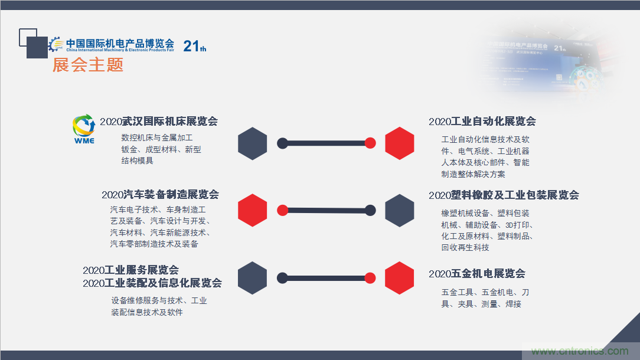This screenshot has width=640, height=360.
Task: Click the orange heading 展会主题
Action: point(88,65)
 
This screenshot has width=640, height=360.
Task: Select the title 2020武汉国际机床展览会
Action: point(159,122)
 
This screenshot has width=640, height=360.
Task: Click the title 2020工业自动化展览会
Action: point(482,122)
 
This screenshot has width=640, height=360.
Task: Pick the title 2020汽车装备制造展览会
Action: point(160,195)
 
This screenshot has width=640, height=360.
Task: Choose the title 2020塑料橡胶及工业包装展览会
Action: point(504,195)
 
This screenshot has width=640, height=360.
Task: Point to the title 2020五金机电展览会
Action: point(477,273)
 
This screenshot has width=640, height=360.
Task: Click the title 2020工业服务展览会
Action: point(130,270)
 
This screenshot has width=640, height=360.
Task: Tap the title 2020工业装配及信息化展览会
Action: point(152,283)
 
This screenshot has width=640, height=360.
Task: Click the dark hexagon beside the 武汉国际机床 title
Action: point(253,143)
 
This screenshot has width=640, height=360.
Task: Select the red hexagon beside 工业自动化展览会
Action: point(400,143)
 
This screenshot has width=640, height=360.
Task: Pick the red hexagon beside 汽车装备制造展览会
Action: point(253,210)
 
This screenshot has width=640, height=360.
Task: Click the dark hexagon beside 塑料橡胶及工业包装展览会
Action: point(400,210)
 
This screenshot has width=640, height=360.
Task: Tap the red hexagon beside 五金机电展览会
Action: point(400,278)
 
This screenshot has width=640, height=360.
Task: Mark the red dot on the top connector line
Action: point(370,143)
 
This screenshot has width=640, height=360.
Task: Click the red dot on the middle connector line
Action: point(282,210)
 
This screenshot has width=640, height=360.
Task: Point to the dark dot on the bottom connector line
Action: point(282,278)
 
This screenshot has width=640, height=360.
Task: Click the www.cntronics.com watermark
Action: point(576,351)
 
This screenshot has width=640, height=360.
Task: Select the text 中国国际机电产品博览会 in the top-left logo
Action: point(120,43)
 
